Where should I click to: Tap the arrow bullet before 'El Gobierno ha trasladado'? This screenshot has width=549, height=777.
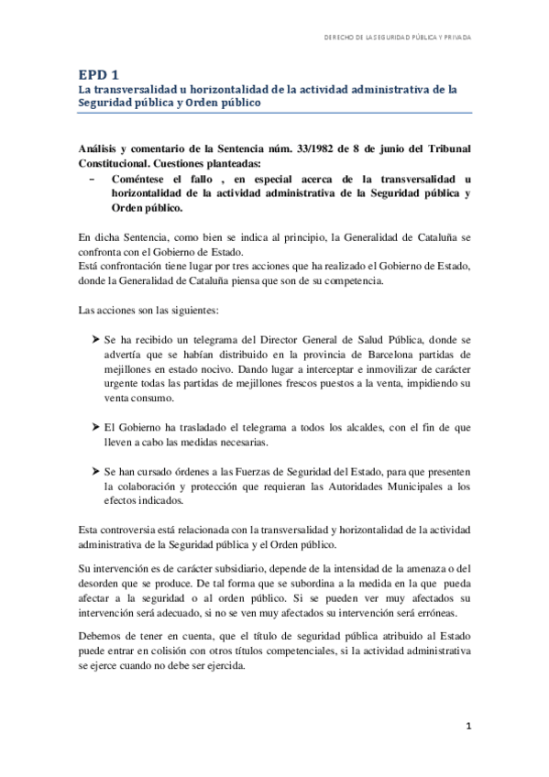(x=97, y=427)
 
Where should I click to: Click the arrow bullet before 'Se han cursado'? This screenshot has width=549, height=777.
(x=97, y=471)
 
